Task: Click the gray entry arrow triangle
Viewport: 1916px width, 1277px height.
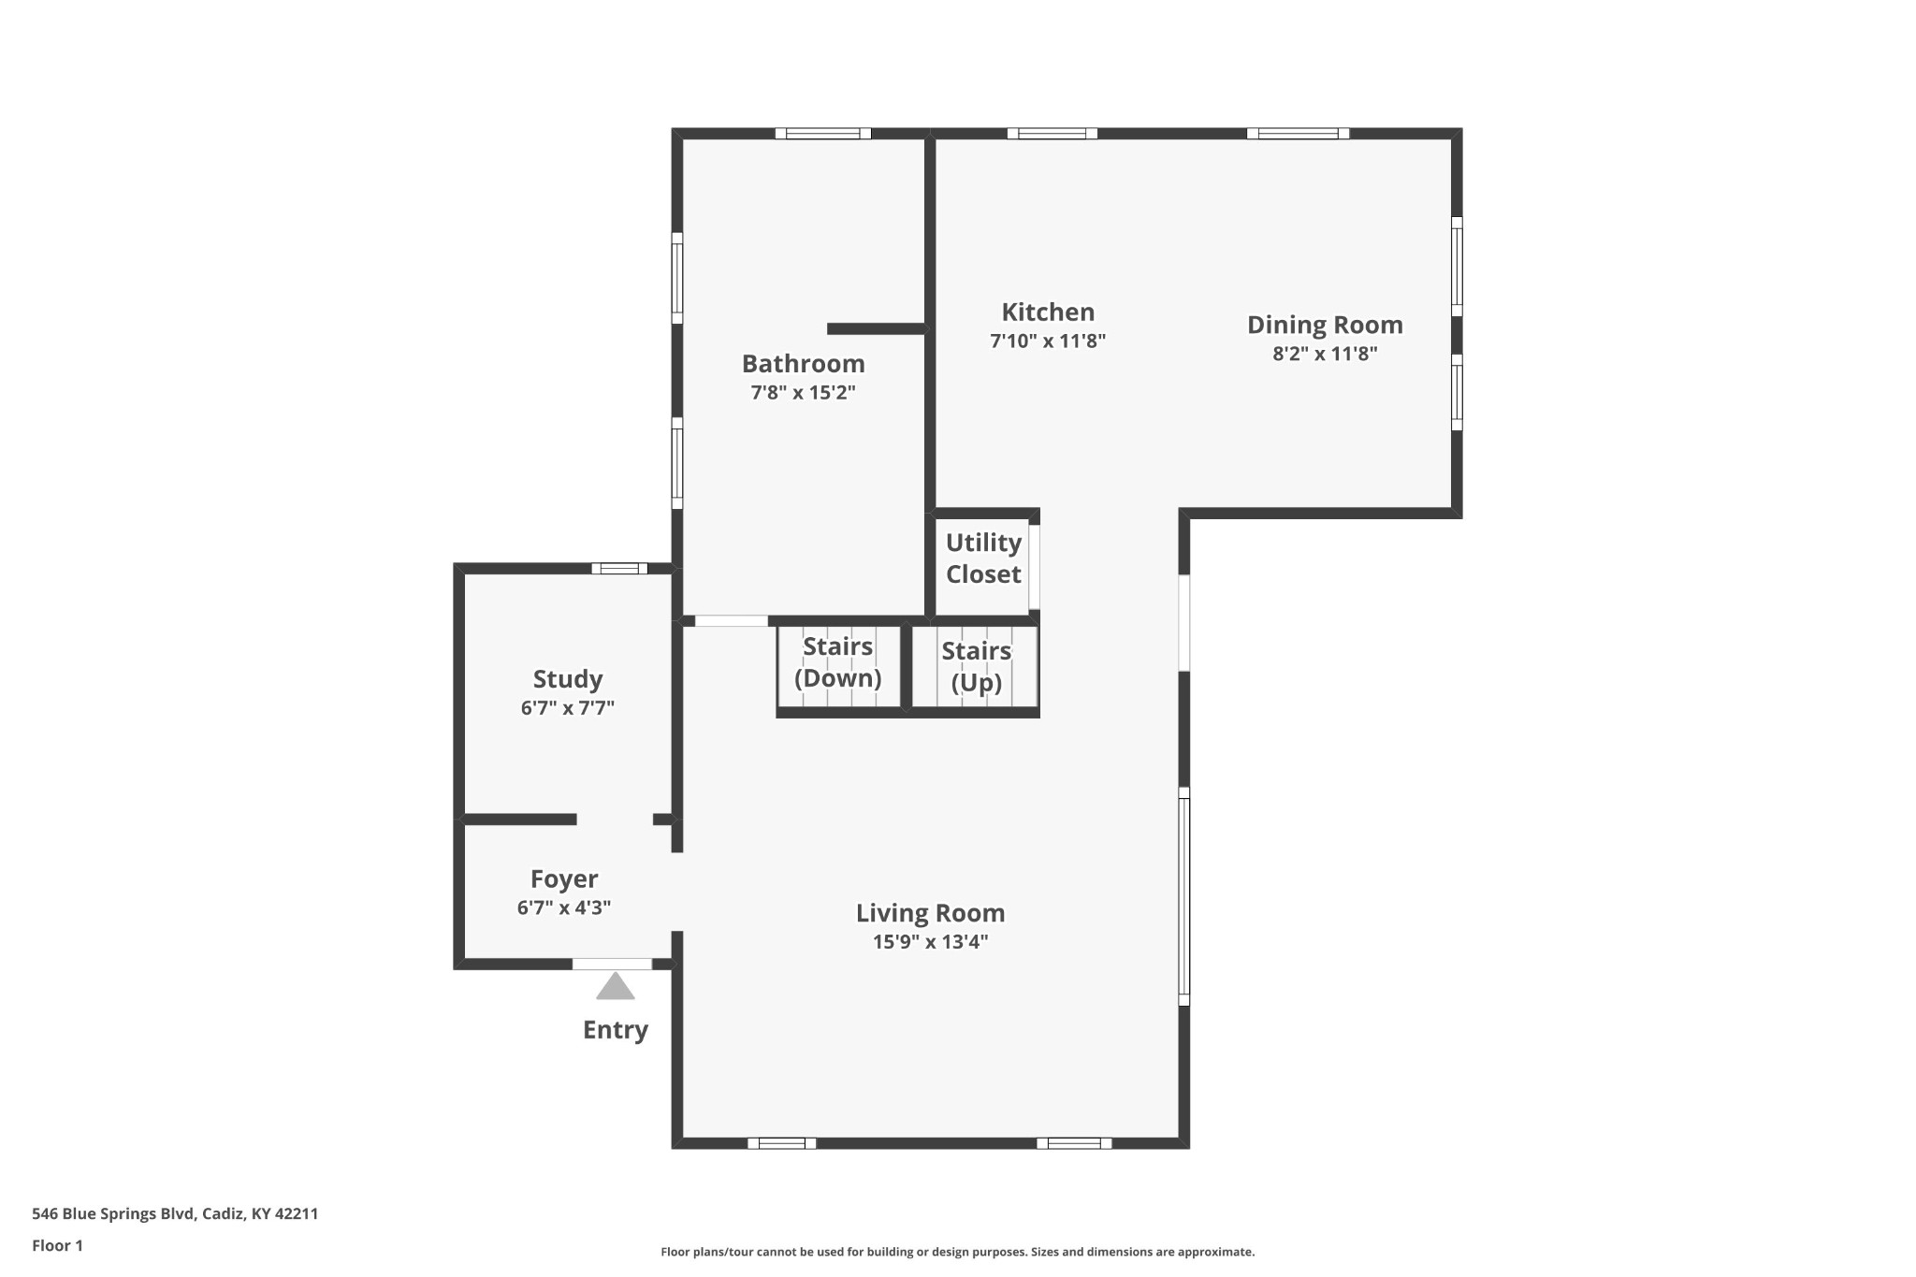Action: (x=615, y=986)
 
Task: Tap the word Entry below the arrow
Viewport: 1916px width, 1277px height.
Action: (x=616, y=1030)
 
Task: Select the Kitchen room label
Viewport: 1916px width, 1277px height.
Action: (x=1048, y=312)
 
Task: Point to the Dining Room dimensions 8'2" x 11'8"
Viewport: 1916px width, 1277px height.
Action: (x=1325, y=354)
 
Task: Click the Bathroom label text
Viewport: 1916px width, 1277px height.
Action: (x=804, y=363)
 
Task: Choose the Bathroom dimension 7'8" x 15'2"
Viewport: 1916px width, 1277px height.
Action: (x=804, y=392)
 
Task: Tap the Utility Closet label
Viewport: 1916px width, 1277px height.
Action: (x=983, y=559)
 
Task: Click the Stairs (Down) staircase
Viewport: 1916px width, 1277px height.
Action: (x=838, y=666)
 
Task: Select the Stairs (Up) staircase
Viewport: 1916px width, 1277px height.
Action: (x=975, y=666)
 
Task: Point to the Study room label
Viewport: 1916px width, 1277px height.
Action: (x=568, y=679)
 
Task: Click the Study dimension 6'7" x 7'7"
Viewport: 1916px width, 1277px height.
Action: (x=568, y=708)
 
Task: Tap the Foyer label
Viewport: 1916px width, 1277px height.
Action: (x=564, y=879)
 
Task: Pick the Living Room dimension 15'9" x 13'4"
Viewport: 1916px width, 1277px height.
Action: (x=931, y=942)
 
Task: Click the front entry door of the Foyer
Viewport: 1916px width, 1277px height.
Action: (x=612, y=964)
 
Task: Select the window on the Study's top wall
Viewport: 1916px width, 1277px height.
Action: (x=619, y=568)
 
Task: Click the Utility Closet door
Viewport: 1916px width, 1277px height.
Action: (x=1034, y=568)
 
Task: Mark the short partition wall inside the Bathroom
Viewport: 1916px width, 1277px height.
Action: (x=877, y=328)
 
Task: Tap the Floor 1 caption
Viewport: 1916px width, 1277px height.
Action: (x=57, y=1245)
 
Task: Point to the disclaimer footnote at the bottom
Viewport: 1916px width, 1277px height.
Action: (x=958, y=1252)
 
